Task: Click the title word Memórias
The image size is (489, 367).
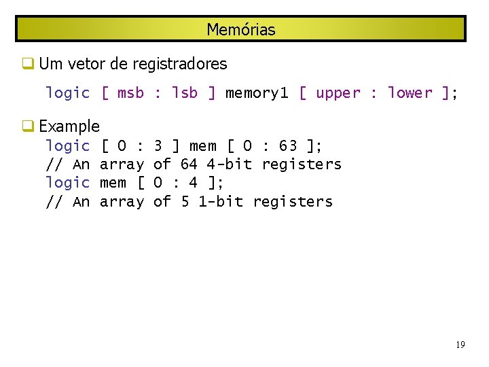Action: click(241, 30)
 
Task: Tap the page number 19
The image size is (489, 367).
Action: click(460, 345)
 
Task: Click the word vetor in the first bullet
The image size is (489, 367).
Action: click(88, 65)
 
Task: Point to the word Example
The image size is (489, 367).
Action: click(69, 126)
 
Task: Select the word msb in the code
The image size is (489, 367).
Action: click(130, 93)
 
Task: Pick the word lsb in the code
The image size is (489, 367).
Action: click(185, 93)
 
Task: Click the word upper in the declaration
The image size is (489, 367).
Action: click(338, 93)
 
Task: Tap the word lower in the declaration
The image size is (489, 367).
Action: click(410, 93)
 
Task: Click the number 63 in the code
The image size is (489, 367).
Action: click(288, 145)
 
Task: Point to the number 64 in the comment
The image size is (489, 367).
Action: click(189, 164)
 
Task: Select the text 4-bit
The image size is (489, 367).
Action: click(230, 164)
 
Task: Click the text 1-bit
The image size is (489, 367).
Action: click(221, 201)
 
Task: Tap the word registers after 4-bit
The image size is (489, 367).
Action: click(302, 164)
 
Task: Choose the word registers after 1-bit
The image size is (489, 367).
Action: click(293, 201)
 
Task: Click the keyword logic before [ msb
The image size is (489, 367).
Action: click(67, 93)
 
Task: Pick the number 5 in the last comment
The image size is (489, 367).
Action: click(185, 201)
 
